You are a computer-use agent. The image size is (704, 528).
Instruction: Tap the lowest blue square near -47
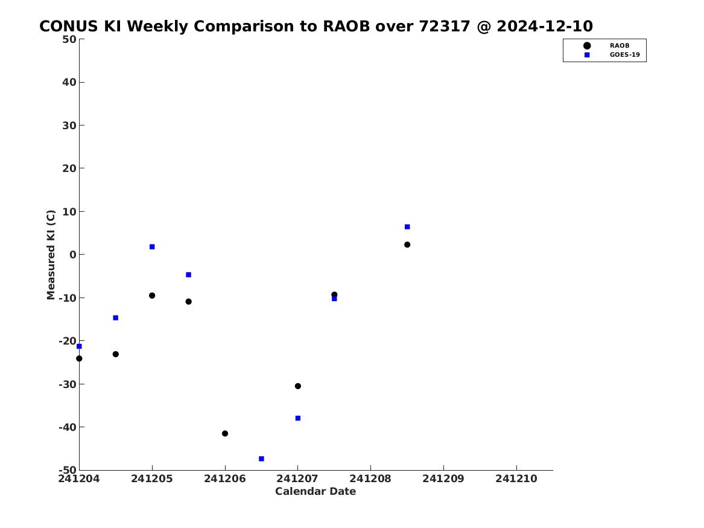tap(261, 459)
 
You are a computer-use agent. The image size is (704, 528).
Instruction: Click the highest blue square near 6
tap(407, 227)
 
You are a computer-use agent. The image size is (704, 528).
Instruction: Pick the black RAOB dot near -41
tap(225, 434)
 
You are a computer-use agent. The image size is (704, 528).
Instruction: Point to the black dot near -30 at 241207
tap(297, 386)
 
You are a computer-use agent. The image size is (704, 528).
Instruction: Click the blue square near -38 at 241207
tap(297, 418)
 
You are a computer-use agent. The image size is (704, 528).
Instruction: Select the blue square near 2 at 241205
tap(152, 247)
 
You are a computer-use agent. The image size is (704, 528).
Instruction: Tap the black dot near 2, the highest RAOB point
tap(407, 245)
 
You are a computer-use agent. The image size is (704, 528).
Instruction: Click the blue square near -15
tap(115, 318)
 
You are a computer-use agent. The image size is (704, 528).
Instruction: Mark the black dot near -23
tap(115, 354)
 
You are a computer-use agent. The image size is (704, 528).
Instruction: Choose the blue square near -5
tap(189, 275)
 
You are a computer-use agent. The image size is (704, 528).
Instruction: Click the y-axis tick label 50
tap(69, 39)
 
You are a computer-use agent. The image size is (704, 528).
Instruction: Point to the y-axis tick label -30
tap(68, 384)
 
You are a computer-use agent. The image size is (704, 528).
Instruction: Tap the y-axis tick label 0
tap(73, 255)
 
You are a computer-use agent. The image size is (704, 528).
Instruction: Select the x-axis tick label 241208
tap(370, 479)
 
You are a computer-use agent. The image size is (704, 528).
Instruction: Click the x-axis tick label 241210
tap(516, 479)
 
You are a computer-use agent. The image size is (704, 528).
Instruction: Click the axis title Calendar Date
tap(316, 492)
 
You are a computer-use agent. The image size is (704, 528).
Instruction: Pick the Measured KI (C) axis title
tap(51, 255)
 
